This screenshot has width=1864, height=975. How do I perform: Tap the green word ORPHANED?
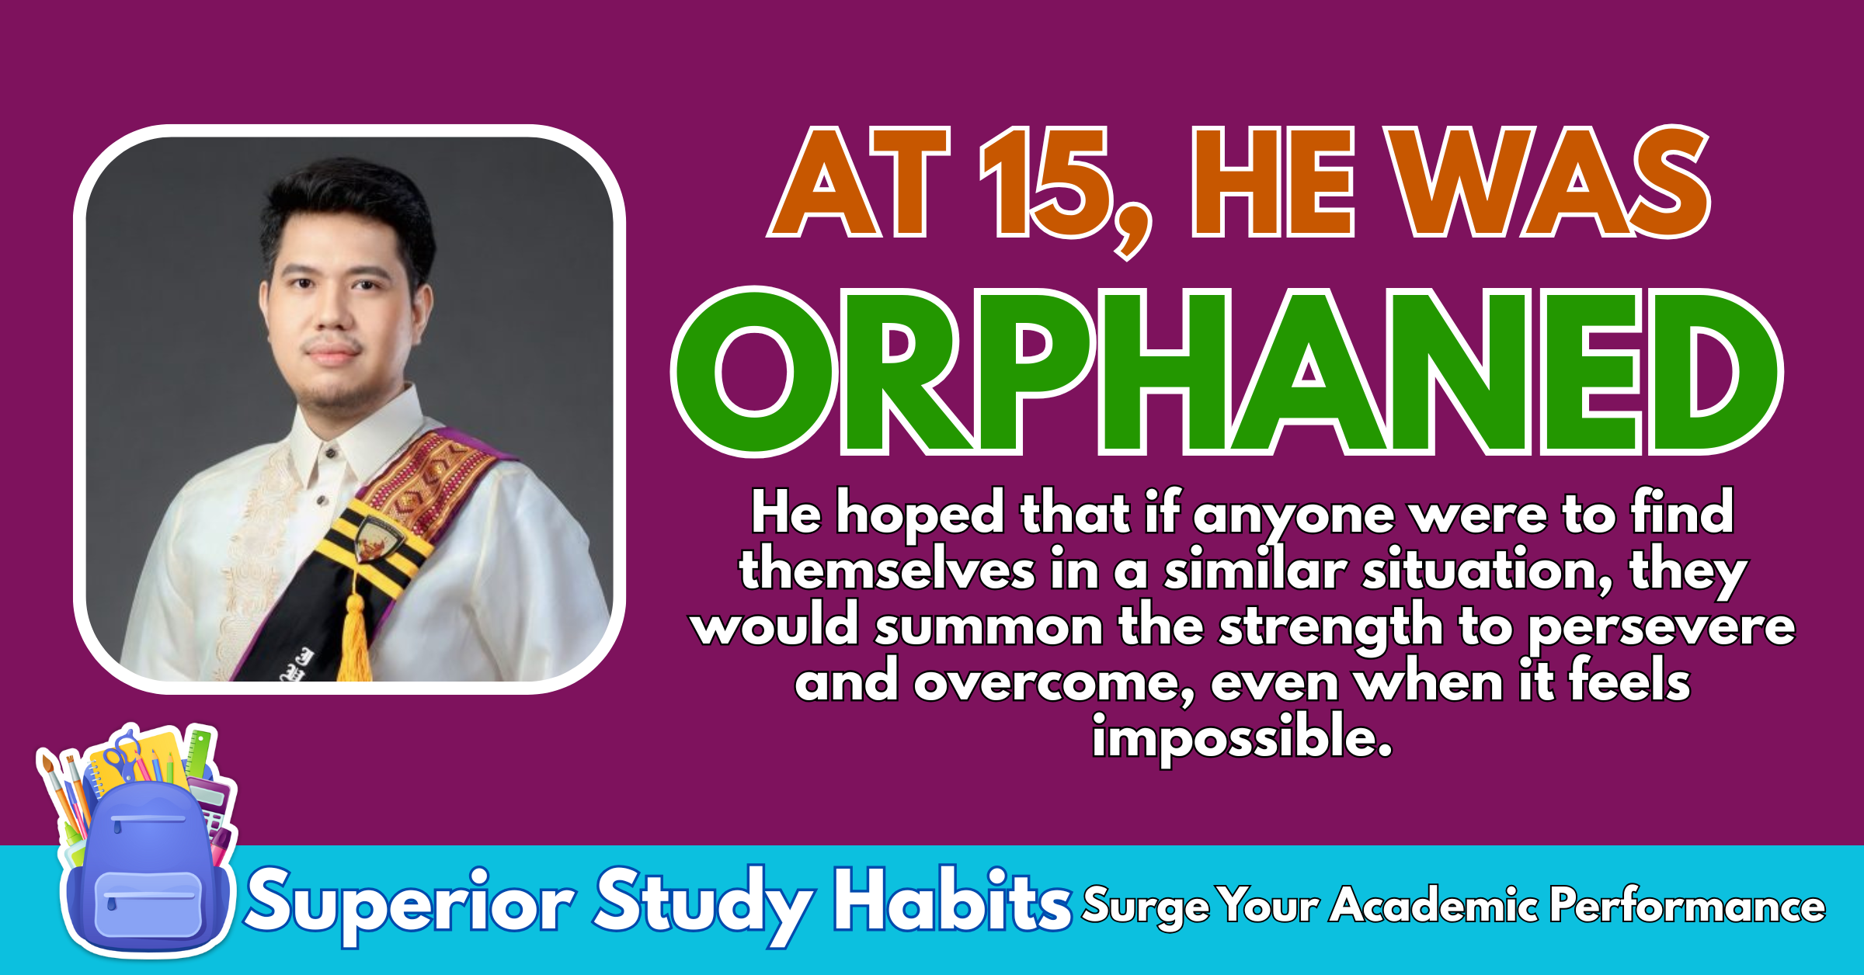pyautogui.click(x=1227, y=371)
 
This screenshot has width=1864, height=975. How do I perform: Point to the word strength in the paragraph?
pyautogui.click(x=1330, y=626)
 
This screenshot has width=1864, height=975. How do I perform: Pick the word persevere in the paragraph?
pyautogui.click(x=1661, y=627)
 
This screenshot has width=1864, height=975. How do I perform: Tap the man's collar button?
pyautogui.click(x=331, y=453)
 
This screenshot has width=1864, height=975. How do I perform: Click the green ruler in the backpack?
pyautogui.click(x=199, y=752)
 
